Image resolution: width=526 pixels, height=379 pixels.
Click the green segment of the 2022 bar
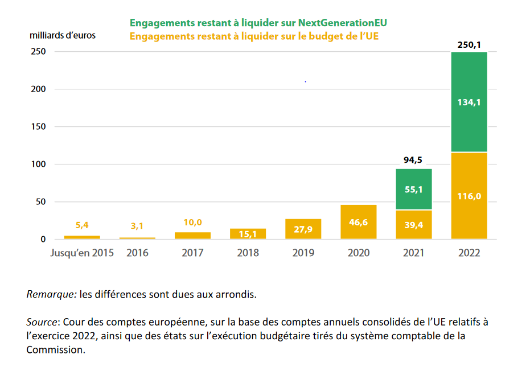click(x=469, y=125)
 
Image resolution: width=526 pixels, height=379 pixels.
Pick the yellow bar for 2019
click(x=303, y=234)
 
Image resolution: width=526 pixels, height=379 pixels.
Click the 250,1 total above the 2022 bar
click(x=469, y=44)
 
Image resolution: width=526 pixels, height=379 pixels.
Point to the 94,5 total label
click(x=414, y=160)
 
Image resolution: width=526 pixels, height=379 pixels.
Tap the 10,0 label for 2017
click(x=192, y=223)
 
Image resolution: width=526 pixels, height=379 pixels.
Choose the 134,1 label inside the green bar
click(x=469, y=102)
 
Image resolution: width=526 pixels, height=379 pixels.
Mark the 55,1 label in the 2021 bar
click(x=414, y=189)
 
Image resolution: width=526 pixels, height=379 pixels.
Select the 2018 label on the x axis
click(x=248, y=253)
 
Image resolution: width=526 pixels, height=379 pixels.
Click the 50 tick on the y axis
click(x=40, y=202)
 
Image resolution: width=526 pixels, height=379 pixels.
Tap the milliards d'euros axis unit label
click(x=63, y=35)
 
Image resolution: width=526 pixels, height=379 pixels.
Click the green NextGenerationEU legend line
click(x=262, y=23)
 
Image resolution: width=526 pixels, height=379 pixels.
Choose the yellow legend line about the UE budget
click(x=254, y=36)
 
